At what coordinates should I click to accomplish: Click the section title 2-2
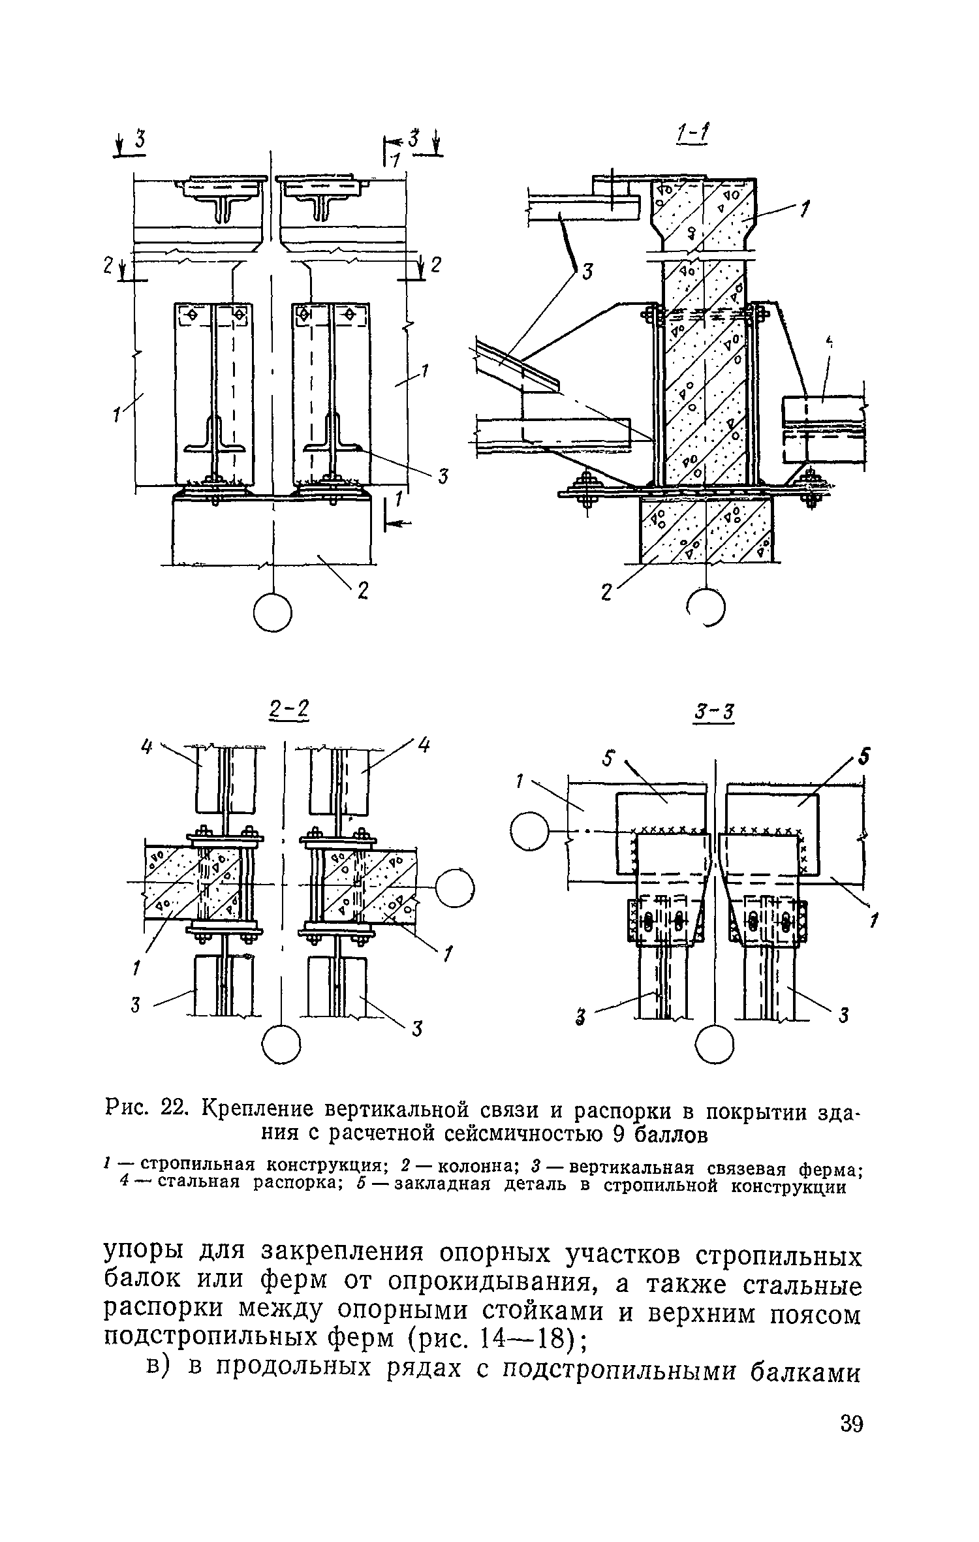pos(288,710)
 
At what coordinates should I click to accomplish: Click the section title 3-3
pos(715,712)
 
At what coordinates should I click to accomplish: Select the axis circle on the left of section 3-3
pos(531,831)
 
